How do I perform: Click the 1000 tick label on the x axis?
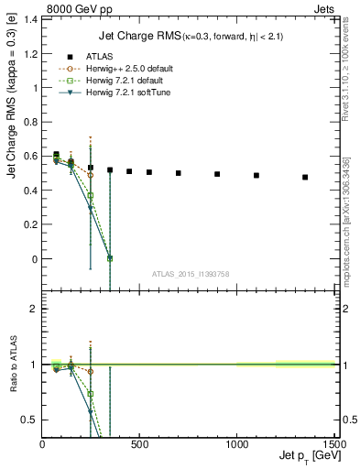[236, 445]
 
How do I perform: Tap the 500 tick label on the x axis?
[139, 445]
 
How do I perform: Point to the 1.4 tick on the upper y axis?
[31, 17]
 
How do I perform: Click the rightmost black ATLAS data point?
[305, 177]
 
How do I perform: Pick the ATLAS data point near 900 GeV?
[217, 174]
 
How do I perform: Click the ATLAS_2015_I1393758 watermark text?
[191, 274]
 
